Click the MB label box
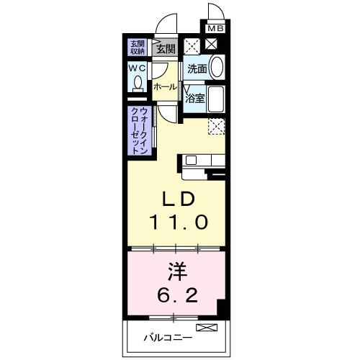(x=215, y=29)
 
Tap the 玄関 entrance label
(x=165, y=49)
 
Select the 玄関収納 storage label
(x=137, y=48)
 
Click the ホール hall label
(x=164, y=86)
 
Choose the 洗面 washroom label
(x=197, y=69)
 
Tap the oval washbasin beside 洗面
(x=217, y=68)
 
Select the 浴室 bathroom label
(x=195, y=97)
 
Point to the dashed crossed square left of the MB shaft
(x=191, y=45)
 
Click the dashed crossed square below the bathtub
(x=217, y=125)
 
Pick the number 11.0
(x=179, y=222)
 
